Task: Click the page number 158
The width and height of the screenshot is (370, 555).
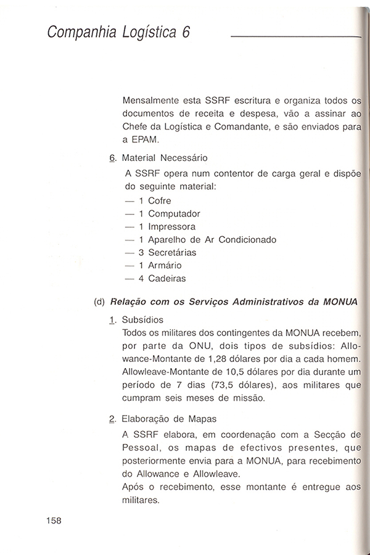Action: [x=54, y=520]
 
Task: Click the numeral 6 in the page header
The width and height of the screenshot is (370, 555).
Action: [x=186, y=33]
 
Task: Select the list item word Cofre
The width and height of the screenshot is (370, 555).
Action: [x=160, y=200]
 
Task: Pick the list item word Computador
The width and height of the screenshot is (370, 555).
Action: [x=174, y=213]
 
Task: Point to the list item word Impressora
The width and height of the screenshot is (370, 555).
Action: [x=171, y=226]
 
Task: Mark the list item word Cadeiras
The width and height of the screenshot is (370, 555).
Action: [x=166, y=278]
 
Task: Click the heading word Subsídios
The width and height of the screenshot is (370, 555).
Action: [x=143, y=320]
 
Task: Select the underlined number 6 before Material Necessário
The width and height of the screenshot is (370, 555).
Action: [x=112, y=158]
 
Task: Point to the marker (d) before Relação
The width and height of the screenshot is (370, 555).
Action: [x=99, y=302]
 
